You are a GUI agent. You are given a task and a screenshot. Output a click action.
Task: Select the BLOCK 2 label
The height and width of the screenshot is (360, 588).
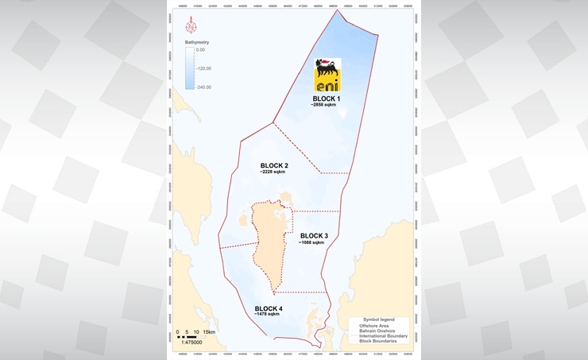[274, 165]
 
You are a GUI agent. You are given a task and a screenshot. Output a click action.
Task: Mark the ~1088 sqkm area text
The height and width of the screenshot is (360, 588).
[312, 242]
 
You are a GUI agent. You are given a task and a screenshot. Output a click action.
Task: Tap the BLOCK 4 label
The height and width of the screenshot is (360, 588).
[269, 308]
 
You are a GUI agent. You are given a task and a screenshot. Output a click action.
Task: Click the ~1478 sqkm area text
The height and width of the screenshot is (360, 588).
[268, 314]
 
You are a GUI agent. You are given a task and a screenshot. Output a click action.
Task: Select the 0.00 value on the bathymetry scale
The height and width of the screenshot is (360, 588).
[201, 49]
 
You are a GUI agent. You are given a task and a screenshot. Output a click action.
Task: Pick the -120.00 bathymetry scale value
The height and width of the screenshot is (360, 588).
[204, 68]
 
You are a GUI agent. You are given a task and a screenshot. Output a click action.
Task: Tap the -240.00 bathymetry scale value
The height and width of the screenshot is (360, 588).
[204, 87]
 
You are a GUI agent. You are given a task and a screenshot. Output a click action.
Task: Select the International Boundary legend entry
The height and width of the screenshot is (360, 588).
[384, 335]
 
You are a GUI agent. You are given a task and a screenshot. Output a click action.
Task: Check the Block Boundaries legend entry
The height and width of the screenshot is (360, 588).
[379, 341]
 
